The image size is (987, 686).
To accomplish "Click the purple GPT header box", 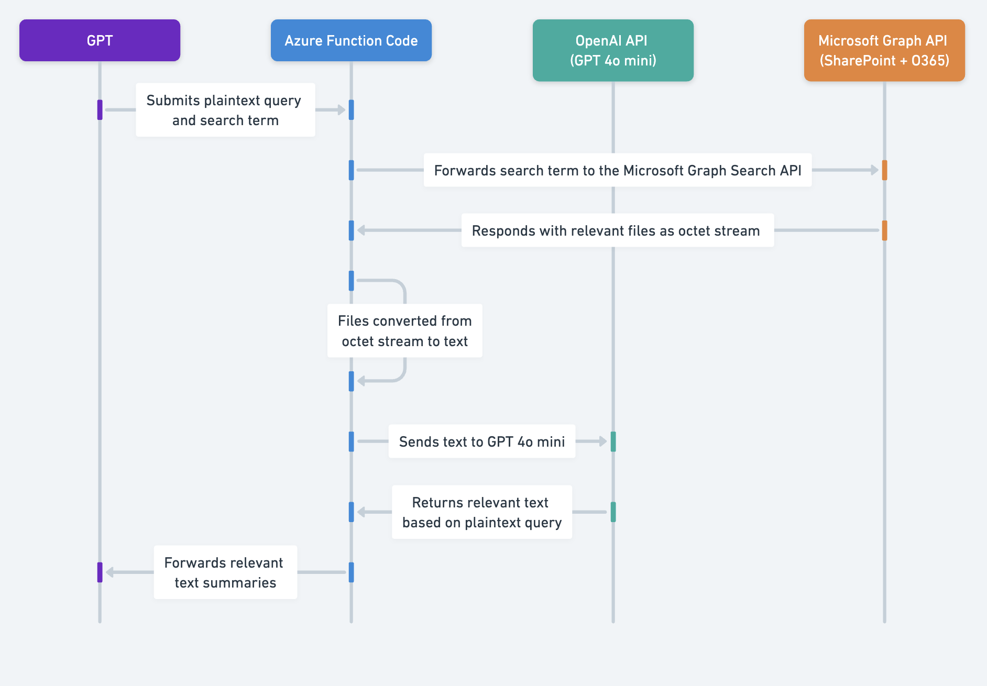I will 100,40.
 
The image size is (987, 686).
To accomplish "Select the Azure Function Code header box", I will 351,40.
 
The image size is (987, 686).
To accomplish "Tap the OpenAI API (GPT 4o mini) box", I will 613,50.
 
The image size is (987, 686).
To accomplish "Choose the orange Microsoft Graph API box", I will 884,50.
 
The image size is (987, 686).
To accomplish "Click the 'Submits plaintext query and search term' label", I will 225,110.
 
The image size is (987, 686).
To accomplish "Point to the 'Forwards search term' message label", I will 618,170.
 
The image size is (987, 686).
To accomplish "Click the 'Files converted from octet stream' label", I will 404,331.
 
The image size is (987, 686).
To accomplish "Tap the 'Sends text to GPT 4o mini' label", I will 482,441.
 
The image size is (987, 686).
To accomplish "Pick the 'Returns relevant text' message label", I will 482,512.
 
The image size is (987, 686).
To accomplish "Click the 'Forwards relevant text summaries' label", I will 225,572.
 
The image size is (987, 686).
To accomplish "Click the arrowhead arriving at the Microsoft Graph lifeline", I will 874,170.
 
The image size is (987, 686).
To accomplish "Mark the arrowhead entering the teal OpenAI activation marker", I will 603,441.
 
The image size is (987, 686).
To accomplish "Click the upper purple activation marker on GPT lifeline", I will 100,110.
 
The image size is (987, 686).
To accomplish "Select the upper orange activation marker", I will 884,170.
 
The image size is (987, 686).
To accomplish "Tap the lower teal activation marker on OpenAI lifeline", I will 613,512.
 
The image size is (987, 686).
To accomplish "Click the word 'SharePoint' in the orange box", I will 860,61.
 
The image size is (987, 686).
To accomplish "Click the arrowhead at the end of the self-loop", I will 361,381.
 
